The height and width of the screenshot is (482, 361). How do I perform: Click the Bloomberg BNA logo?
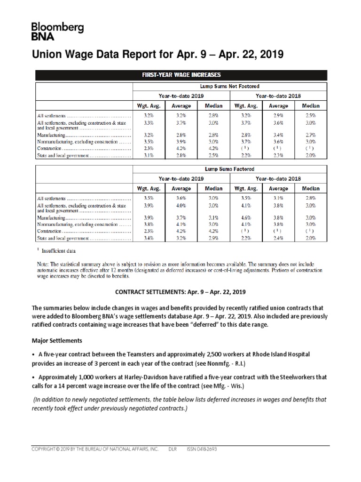(57, 32)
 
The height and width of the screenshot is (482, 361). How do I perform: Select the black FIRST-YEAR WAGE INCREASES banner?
(181, 75)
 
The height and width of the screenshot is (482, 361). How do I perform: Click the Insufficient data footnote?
(56, 250)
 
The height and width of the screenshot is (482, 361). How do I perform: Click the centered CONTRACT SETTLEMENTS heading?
(180, 292)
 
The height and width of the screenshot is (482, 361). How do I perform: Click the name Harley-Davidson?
(127, 378)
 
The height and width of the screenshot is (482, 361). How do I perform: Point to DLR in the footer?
(173, 449)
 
